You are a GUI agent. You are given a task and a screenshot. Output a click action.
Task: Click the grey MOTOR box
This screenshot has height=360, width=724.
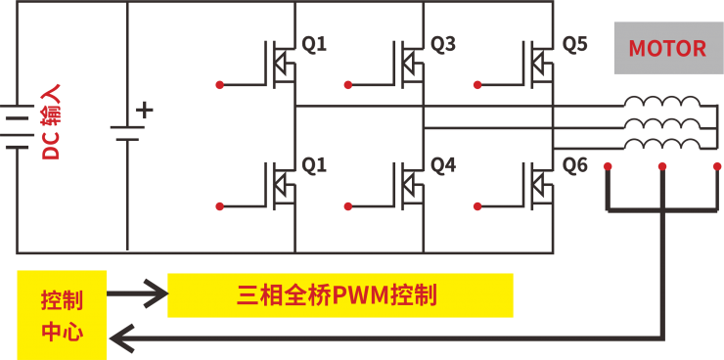667,48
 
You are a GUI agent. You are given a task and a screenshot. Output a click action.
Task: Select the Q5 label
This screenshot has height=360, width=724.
575,44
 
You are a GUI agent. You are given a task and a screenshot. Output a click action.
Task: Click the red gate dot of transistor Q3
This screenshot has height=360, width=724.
350,84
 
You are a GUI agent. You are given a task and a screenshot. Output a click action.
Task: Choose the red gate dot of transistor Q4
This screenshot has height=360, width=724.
350,205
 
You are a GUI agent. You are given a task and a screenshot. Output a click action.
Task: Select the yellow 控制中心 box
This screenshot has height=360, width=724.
62,314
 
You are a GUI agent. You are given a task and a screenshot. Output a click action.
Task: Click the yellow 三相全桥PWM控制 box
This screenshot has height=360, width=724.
339,294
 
